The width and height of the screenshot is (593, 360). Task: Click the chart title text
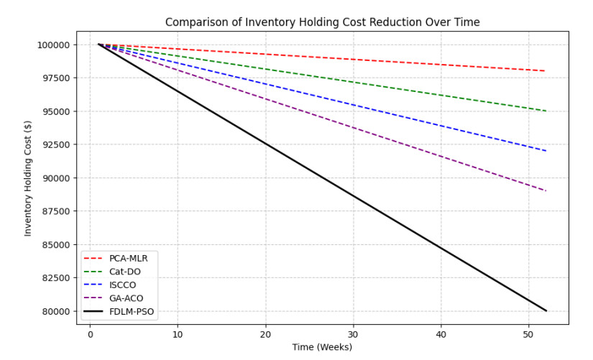tap(322, 22)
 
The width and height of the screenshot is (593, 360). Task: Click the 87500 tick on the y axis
tap(53, 211)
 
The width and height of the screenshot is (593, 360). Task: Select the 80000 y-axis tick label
tap(53, 311)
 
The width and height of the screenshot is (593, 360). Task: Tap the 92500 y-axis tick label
tap(53, 144)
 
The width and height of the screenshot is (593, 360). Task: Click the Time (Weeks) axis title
tap(322, 348)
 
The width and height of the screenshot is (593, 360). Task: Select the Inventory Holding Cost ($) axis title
tap(28, 177)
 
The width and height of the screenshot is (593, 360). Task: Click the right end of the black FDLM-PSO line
tap(546, 310)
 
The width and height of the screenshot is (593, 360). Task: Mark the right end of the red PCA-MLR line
tap(546, 71)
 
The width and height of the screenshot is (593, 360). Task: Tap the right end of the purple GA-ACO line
tap(546, 191)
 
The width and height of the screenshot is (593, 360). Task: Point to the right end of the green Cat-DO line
tap(546, 111)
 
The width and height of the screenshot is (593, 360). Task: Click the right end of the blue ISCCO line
tap(546, 151)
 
